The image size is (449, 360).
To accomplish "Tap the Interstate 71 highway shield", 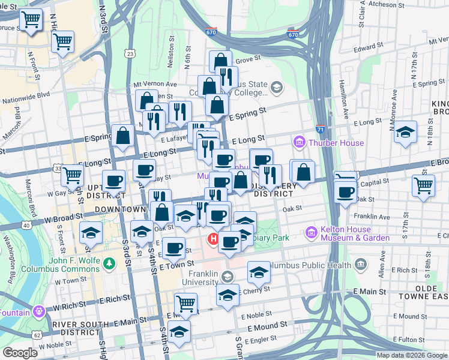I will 320,128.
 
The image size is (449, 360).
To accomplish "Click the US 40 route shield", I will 26,226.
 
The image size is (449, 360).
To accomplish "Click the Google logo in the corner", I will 20,353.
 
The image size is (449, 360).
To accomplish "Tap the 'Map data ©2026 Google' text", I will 411,355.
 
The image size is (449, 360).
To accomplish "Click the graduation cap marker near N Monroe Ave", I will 406,132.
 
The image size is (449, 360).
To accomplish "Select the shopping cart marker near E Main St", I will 186,303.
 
